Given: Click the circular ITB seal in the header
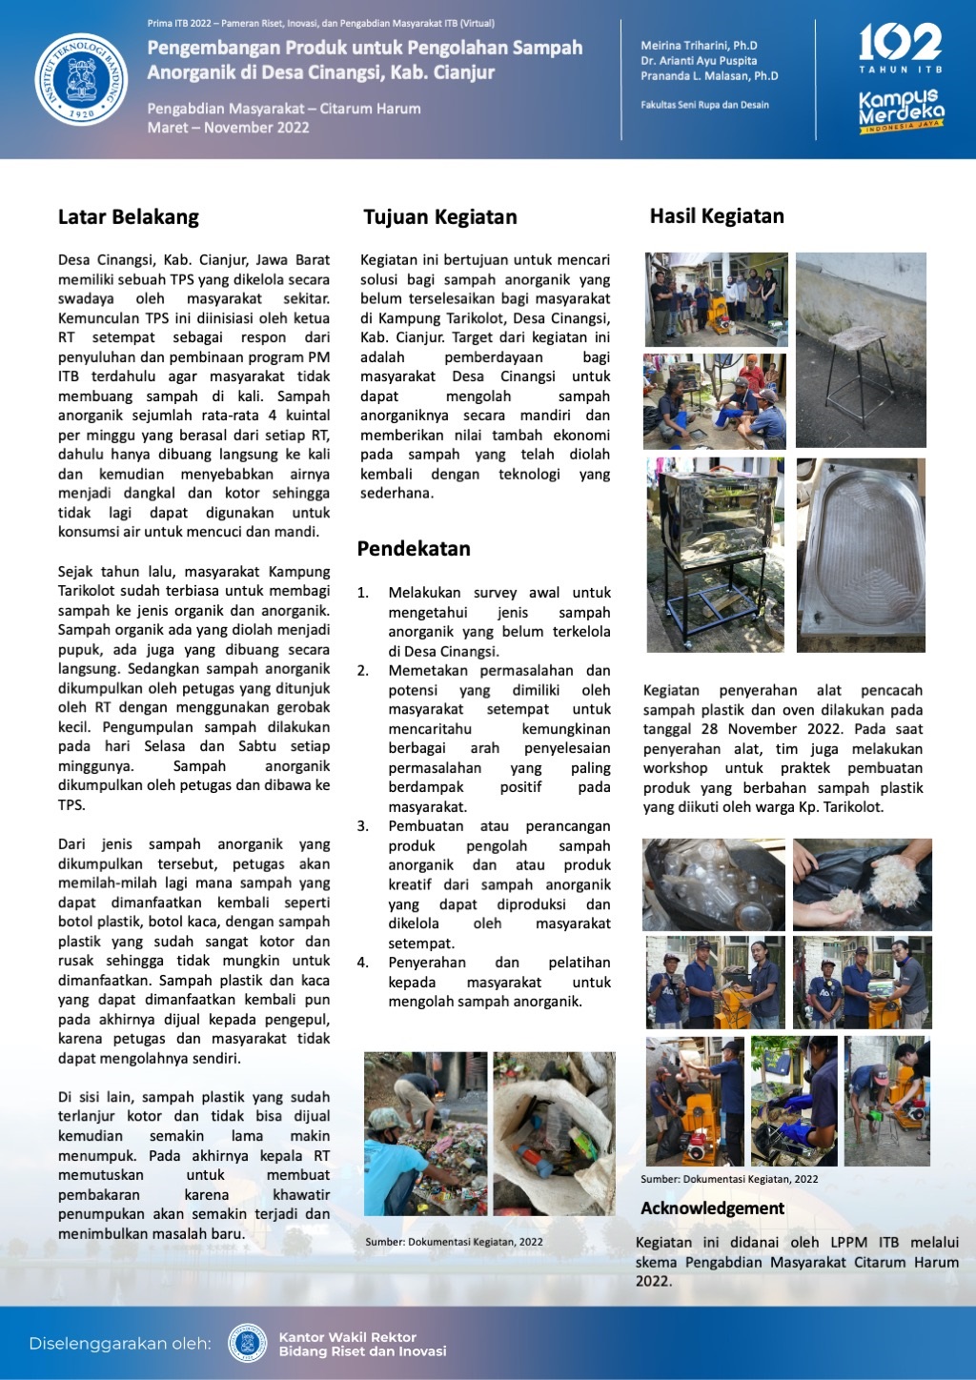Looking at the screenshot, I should pyautogui.click(x=81, y=80).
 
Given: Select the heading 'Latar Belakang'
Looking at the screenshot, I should pyautogui.click(x=129, y=217).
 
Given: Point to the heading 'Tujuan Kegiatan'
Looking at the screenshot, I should pyautogui.click(x=440, y=217).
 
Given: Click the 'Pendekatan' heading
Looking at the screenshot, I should pyautogui.click(x=414, y=549).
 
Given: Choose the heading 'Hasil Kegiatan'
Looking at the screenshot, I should pyautogui.click(x=717, y=216).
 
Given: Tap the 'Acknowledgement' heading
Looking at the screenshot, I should pyautogui.click(x=712, y=1208).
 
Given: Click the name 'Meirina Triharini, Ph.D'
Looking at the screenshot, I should pyautogui.click(x=699, y=46).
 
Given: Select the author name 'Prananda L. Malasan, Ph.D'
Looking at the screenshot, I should pyautogui.click(x=709, y=76).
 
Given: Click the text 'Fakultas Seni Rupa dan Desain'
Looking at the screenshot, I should pyautogui.click(x=704, y=105).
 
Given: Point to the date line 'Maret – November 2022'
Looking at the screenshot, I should pyautogui.click(x=228, y=128).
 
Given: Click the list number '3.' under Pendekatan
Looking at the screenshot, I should pyautogui.click(x=363, y=826).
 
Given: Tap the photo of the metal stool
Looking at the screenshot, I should pyautogui.click(x=861, y=350).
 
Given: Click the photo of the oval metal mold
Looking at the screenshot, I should pyautogui.click(x=861, y=555).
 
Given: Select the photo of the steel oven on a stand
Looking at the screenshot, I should pyautogui.click(x=715, y=555).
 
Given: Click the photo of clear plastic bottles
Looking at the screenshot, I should pyautogui.click(x=714, y=883).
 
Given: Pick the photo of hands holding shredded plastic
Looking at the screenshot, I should pyautogui.click(x=862, y=883).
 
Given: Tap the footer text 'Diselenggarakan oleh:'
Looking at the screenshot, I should pyautogui.click(x=120, y=1344).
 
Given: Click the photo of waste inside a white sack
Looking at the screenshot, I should pyautogui.click(x=554, y=1133).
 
